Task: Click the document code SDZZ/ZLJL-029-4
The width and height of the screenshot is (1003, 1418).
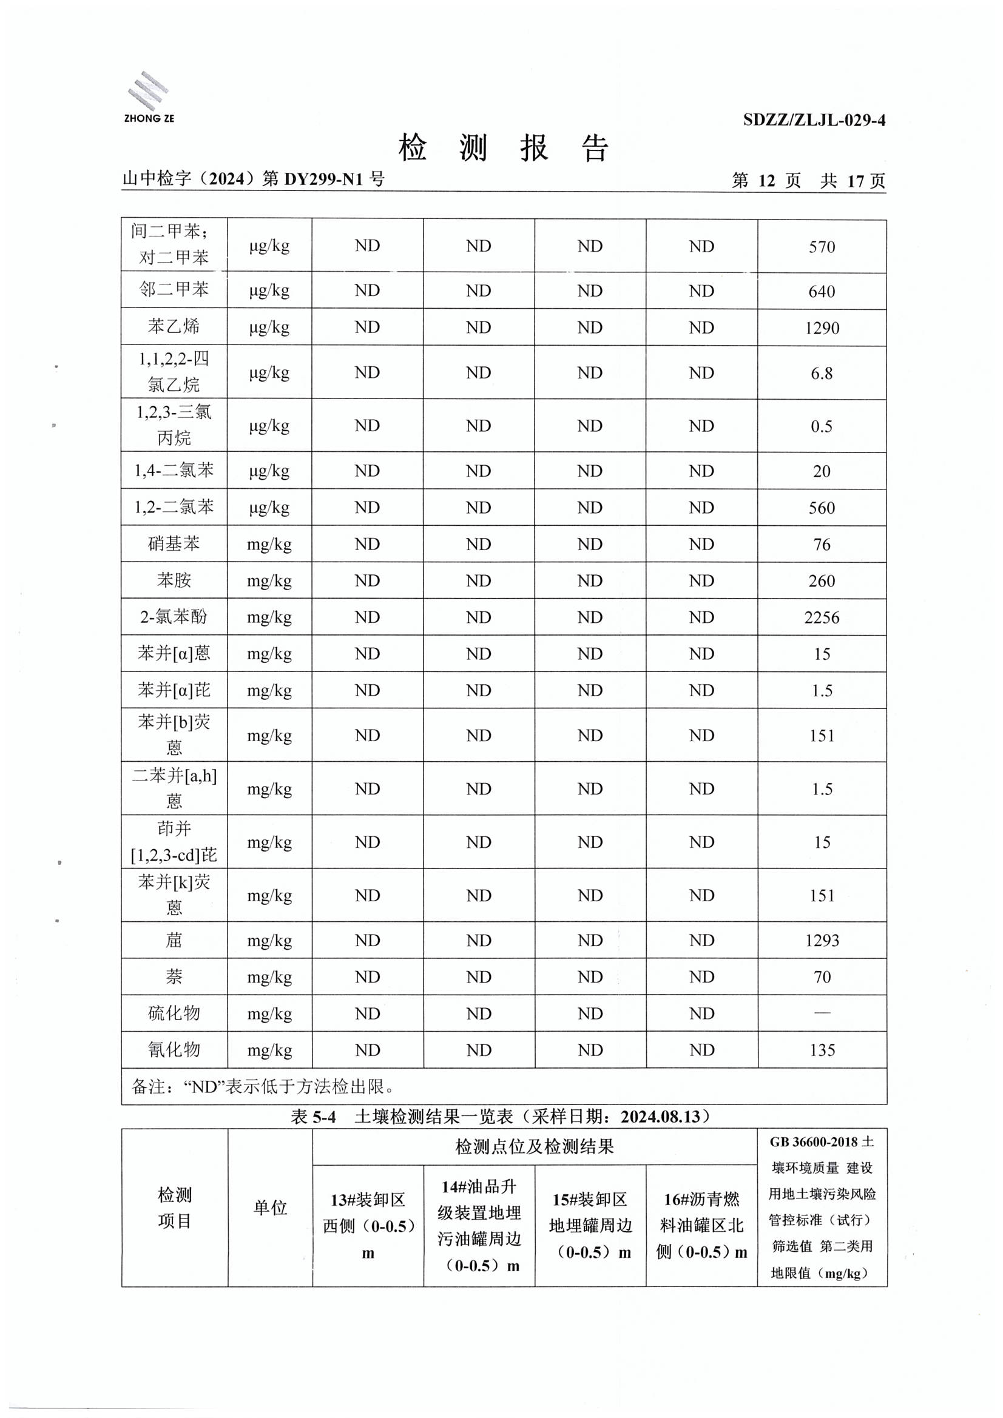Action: (x=814, y=120)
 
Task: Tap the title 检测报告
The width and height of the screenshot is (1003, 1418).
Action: (x=503, y=148)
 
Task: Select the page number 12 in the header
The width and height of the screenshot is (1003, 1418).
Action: (x=766, y=180)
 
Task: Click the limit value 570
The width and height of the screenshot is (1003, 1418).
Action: (x=822, y=247)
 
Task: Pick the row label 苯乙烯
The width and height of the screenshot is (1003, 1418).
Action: (x=174, y=327)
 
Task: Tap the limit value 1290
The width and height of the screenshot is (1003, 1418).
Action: (x=822, y=328)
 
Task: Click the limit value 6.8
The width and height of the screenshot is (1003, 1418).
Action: (x=822, y=373)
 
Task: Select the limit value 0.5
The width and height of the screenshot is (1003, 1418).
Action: (x=822, y=426)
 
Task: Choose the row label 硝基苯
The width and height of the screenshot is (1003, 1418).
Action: (x=174, y=543)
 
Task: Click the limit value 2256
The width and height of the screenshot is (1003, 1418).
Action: (x=822, y=617)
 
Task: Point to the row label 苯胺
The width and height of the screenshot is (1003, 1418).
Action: (x=174, y=580)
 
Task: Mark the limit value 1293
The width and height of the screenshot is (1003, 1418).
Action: (x=822, y=940)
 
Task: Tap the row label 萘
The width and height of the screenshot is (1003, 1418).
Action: (x=174, y=976)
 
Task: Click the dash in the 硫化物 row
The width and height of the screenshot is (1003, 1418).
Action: (x=822, y=1013)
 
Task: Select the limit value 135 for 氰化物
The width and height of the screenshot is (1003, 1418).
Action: (x=822, y=1050)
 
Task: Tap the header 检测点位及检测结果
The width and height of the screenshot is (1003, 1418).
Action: (x=535, y=1147)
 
